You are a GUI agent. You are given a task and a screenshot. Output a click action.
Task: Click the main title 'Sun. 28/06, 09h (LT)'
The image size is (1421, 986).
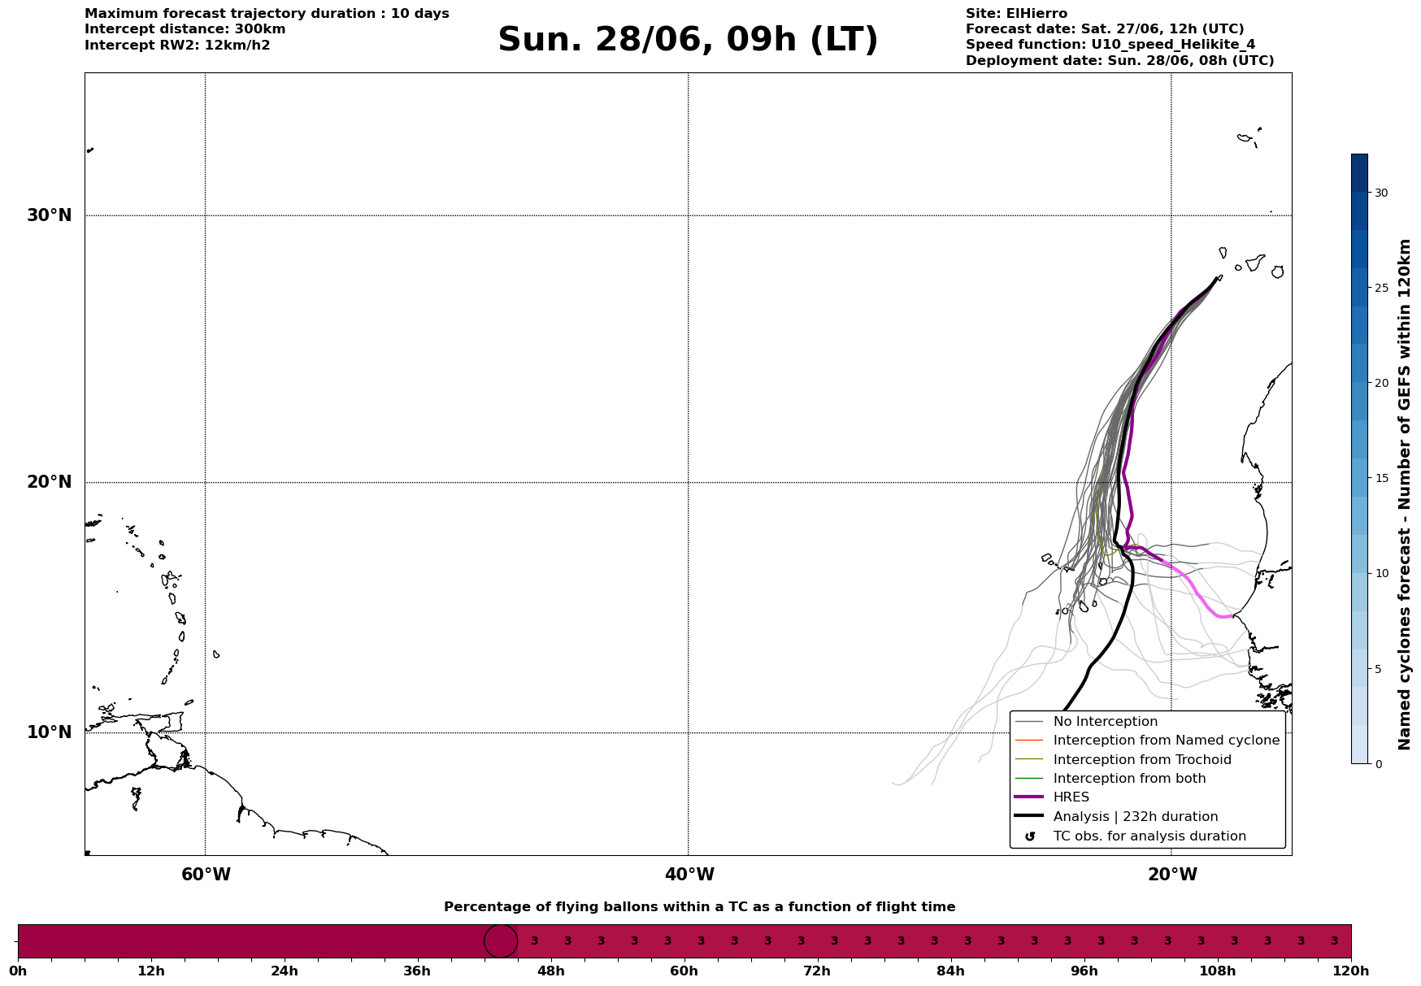point(688,40)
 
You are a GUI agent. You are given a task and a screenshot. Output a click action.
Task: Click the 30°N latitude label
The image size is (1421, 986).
point(50,215)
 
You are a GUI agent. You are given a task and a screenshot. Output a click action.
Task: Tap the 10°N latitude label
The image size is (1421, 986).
point(50,732)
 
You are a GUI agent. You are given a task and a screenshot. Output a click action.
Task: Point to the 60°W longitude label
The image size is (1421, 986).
point(206,875)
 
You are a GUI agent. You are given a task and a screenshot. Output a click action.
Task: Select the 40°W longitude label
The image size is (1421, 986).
point(689,875)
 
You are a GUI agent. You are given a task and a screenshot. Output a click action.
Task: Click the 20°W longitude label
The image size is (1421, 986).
point(1172,875)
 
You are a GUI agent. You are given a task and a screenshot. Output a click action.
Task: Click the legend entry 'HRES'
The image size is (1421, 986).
point(1071,797)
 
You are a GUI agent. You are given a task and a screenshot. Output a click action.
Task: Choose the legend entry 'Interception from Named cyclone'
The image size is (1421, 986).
point(1167,741)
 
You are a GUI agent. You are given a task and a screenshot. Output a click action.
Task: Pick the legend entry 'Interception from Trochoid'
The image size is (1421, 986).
point(1142,760)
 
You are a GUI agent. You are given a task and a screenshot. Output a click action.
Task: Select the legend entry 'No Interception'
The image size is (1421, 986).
point(1106,722)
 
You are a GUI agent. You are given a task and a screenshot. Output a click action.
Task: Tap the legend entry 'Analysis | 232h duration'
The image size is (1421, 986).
point(1136,817)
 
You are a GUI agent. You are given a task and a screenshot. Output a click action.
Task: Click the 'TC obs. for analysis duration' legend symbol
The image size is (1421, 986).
point(1030,836)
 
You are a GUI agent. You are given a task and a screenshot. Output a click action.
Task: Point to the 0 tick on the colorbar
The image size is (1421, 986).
point(1378,764)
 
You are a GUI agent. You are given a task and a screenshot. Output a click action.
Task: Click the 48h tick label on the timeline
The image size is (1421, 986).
point(551,971)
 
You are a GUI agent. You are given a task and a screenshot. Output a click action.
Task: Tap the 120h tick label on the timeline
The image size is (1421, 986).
point(1351,971)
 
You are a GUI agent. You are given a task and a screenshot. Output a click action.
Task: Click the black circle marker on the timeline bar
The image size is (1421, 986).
point(501,941)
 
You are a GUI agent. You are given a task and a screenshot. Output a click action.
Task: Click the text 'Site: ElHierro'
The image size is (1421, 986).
point(1016,14)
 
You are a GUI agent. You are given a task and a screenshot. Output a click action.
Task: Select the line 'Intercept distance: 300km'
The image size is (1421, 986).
point(185,29)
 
